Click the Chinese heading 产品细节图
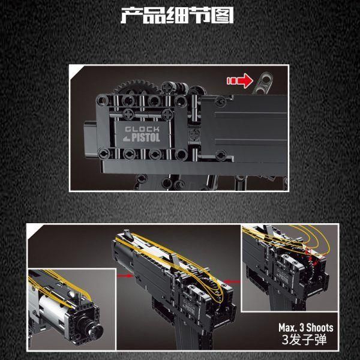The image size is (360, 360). tap(177, 15)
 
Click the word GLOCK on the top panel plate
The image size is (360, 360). tap(142, 129)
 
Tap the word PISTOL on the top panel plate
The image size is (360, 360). tap(146, 137)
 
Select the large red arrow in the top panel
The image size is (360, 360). tap(240, 80)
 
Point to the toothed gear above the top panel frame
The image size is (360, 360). tap(136, 87)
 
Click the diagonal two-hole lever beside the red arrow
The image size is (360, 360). tap(263, 83)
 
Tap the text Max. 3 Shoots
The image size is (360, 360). tap(306, 328)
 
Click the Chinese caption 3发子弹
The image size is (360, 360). tap(304, 340)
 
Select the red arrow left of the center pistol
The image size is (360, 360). tap(125, 276)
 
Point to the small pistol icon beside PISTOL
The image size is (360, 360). tap(127, 139)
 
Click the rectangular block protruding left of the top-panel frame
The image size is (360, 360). tap(90, 139)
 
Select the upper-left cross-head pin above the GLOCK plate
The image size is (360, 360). tap(129, 113)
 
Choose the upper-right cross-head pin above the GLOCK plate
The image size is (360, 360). tap(167, 114)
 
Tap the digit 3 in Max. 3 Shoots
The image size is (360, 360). tap(302, 328)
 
